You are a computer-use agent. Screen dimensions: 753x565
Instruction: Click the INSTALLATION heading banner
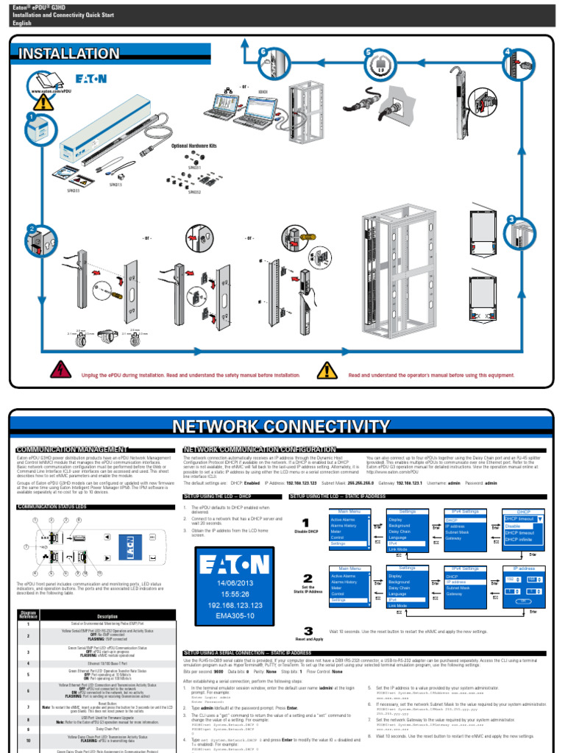pyautogui.click(x=69, y=54)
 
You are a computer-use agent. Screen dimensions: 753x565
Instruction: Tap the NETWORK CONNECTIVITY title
pyautogui.click(x=280, y=427)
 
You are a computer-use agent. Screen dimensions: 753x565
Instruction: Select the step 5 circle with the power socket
pyautogui.click(x=369, y=52)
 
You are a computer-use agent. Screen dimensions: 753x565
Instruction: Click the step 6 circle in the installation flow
pyautogui.click(x=263, y=52)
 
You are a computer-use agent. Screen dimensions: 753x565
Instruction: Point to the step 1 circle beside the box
pyautogui.click(x=32, y=116)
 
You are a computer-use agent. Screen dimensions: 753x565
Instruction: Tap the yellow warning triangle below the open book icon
pyautogui.click(x=44, y=101)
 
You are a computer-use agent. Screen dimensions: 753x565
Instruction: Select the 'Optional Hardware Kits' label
pyautogui.click(x=194, y=146)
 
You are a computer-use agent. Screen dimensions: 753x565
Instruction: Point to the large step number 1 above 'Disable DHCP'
pyautogui.click(x=307, y=522)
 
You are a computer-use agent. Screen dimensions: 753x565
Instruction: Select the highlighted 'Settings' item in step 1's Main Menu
pyautogui.click(x=339, y=543)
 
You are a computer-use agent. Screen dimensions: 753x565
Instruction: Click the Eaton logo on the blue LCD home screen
pyautogui.click(x=236, y=563)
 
